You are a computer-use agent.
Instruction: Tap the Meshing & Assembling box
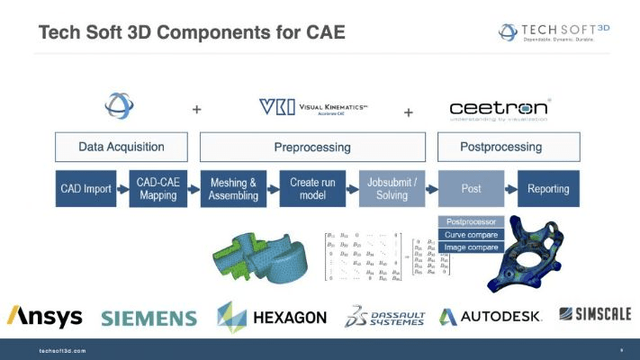click(233, 188)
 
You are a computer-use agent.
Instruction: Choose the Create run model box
click(312, 188)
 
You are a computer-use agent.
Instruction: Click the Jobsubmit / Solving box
click(392, 188)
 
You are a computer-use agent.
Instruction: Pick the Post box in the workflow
click(470, 188)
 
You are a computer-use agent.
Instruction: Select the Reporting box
click(549, 188)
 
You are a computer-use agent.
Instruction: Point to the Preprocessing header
click(311, 147)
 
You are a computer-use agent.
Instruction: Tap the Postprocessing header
click(501, 147)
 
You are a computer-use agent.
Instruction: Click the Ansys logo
click(44, 317)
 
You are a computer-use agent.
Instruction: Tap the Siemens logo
click(149, 318)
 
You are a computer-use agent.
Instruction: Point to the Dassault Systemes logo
click(385, 317)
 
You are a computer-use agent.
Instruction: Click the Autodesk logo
click(490, 317)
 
